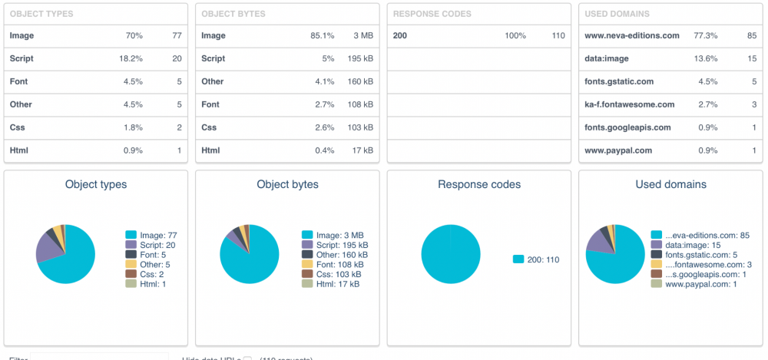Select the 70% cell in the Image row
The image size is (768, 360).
coord(133,35)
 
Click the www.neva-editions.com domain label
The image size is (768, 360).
coord(632,35)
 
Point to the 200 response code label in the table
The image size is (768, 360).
coord(399,35)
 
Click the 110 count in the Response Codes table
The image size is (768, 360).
coord(558,35)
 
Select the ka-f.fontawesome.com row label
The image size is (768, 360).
coord(629,104)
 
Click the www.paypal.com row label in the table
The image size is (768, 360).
coord(618,150)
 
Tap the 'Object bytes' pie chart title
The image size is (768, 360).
coord(287,184)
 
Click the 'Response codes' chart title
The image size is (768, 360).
coord(479,184)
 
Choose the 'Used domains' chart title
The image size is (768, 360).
coord(671,184)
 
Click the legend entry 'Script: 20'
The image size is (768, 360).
coord(155,244)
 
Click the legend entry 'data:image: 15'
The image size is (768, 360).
coord(693,244)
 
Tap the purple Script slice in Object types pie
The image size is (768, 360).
coord(48,248)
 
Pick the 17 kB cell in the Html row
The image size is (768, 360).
coord(362,150)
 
